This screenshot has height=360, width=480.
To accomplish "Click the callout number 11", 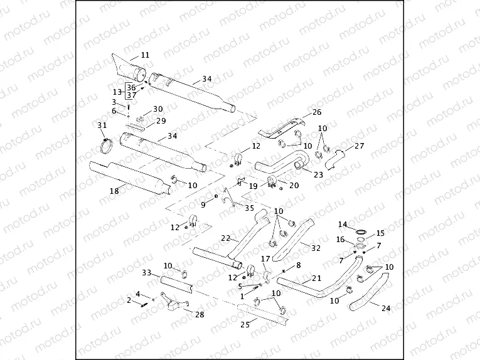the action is coord(145,55).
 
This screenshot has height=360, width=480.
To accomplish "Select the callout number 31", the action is coord(102,125).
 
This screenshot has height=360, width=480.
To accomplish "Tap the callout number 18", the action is coord(114,191).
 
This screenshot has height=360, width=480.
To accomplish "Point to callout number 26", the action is coord(317,112).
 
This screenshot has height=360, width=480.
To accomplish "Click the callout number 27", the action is coord(360,146).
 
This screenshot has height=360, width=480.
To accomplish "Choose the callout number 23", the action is coord(318,174).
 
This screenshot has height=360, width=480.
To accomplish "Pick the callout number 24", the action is coord(385,308).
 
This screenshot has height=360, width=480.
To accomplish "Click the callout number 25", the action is coord(245,324).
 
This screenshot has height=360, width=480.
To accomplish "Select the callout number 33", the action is coord(146,273).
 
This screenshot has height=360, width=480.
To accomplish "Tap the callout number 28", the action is coord(200,314).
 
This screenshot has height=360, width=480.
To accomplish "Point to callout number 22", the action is coord(226,238).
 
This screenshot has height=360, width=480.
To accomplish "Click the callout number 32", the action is coord(315,247).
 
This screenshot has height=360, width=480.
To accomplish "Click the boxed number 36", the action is coord(131,88).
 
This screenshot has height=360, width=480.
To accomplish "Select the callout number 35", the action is coord(249,208).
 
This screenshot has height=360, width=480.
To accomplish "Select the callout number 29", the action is coord(161,121).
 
